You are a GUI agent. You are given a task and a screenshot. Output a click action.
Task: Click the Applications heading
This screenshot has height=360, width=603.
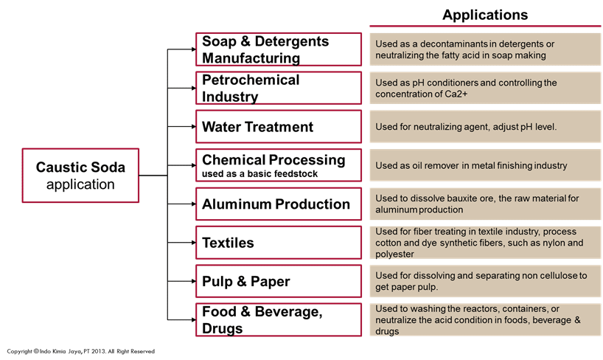(x=485, y=15)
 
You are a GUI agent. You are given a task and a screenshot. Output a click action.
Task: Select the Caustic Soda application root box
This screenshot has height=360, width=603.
(x=80, y=176)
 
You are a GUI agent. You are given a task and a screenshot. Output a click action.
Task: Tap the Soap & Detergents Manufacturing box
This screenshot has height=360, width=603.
(x=279, y=49)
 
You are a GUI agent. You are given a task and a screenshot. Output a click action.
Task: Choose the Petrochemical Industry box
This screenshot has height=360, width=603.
(x=279, y=88)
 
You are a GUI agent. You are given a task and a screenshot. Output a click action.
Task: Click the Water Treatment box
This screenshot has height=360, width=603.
(x=279, y=127)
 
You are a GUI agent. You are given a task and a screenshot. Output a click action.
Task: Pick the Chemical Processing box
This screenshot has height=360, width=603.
(x=279, y=165)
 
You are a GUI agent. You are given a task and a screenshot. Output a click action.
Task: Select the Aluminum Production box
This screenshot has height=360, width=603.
(x=279, y=204)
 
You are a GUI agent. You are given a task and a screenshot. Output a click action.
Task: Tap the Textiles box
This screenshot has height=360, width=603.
(x=279, y=243)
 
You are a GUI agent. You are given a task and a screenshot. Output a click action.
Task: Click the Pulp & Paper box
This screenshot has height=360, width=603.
(x=279, y=281)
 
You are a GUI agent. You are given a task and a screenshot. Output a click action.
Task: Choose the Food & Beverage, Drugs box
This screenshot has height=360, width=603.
(x=279, y=319)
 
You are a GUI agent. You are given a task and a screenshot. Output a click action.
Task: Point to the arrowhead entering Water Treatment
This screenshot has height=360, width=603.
(x=192, y=127)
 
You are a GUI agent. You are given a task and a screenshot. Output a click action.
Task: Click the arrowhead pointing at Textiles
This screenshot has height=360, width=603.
(x=192, y=243)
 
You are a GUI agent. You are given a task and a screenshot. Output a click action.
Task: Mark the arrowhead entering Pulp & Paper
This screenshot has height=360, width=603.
(x=192, y=281)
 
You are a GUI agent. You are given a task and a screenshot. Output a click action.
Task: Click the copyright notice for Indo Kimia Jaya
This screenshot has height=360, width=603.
(x=81, y=351)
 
